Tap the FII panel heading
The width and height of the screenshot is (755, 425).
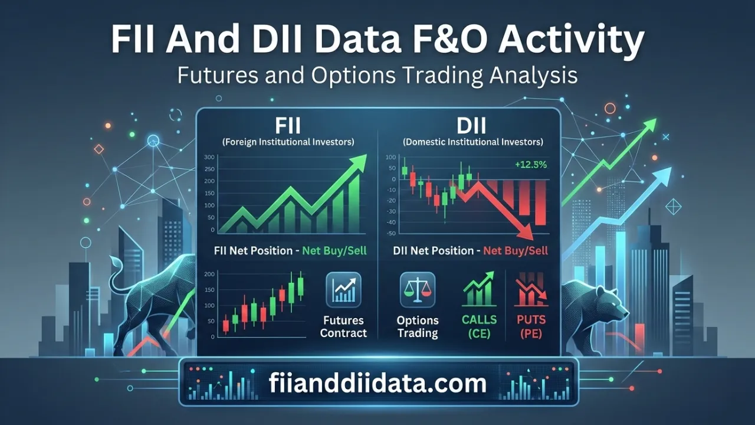click(x=288, y=127)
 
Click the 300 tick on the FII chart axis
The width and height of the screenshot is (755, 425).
click(x=209, y=157)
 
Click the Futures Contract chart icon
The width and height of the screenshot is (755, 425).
click(x=343, y=290)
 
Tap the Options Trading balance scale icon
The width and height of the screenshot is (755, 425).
click(x=417, y=290)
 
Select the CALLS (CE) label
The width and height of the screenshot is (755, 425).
click(x=478, y=326)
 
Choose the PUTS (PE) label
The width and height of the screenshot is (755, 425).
click(x=530, y=326)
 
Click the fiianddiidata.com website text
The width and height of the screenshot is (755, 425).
click(x=377, y=384)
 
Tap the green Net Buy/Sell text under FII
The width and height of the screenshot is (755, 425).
click(x=334, y=250)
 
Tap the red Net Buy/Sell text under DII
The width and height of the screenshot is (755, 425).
click(x=515, y=250)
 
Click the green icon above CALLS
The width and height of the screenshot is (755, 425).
click(x=478, y=289)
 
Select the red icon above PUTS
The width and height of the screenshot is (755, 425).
click(x=530, y=289)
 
